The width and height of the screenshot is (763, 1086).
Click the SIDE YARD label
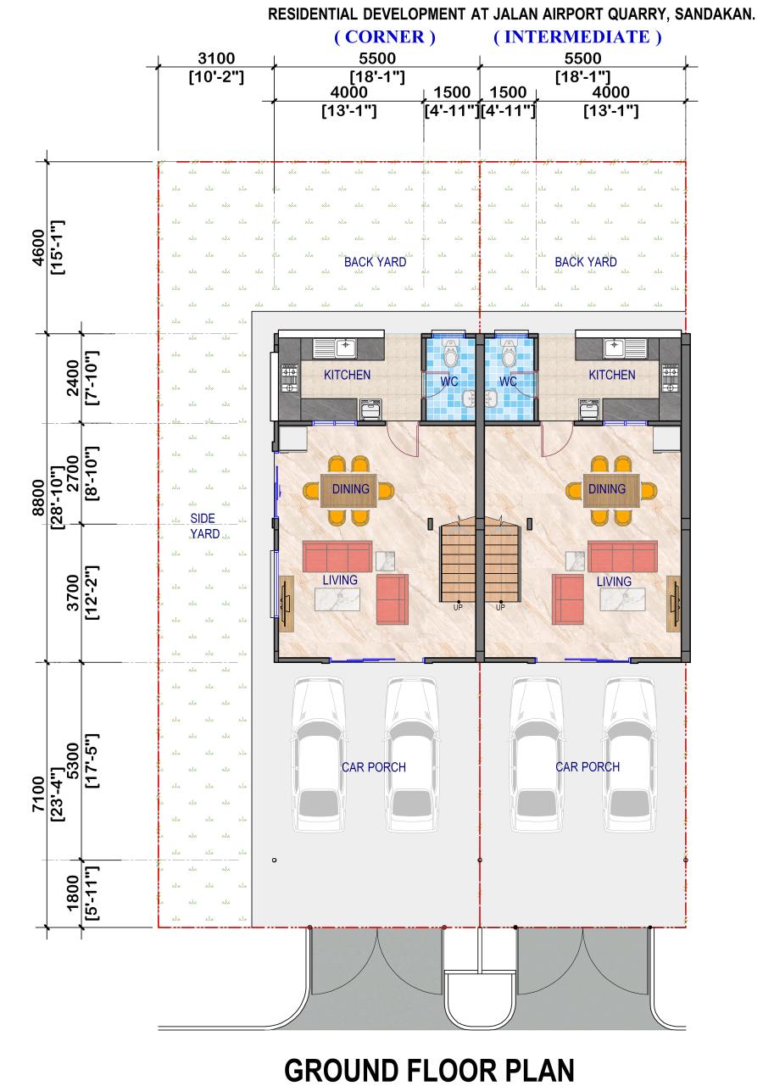(204, 526)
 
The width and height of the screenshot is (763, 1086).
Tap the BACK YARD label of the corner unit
(375, 262)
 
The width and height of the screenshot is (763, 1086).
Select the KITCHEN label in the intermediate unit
(611, 375)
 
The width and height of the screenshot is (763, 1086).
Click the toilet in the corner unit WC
(451, 353)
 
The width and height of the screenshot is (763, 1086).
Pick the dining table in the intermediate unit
(610, 491)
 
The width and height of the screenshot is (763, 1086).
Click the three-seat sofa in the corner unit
(337, 556)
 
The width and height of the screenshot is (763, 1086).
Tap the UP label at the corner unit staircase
(458, 607)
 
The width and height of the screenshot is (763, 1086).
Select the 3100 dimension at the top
(216, 58)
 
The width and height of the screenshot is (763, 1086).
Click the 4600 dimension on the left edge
(38, 248)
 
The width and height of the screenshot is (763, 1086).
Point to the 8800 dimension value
(38, 498)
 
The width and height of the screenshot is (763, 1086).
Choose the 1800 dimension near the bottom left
(72, 893)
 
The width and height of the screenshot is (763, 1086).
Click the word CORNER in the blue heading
(384, 36)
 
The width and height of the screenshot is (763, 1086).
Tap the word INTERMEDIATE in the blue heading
(576, 36)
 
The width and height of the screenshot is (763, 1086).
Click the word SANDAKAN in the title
(714, 14)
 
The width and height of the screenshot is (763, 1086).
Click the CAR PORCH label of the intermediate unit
(587, 766)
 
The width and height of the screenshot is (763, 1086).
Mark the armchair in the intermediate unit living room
(567, 599)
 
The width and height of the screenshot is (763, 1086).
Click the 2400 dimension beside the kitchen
(72, 377)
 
